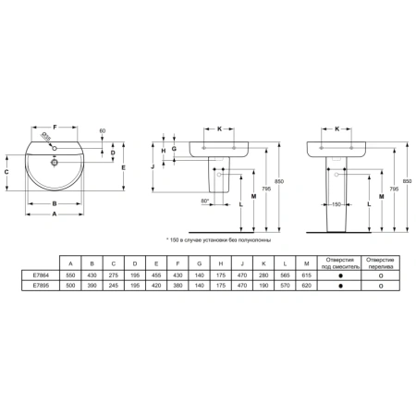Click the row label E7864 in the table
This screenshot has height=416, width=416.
pyautogui.click(x=39, y=275)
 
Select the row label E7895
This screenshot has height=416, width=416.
pyautogui.click(x=39, y=287)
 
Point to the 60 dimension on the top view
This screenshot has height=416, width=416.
pyautogui.click(x=102, y=130)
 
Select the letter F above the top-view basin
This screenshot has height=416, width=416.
pyautogui.click(x=54, y=125)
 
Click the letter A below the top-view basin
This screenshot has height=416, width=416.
pyautogui.click(x=53, y=213)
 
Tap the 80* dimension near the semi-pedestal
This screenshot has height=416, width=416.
pyautogui.click(x=203, y=200)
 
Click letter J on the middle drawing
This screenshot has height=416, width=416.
pyautogui.click(x=151, y=166)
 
